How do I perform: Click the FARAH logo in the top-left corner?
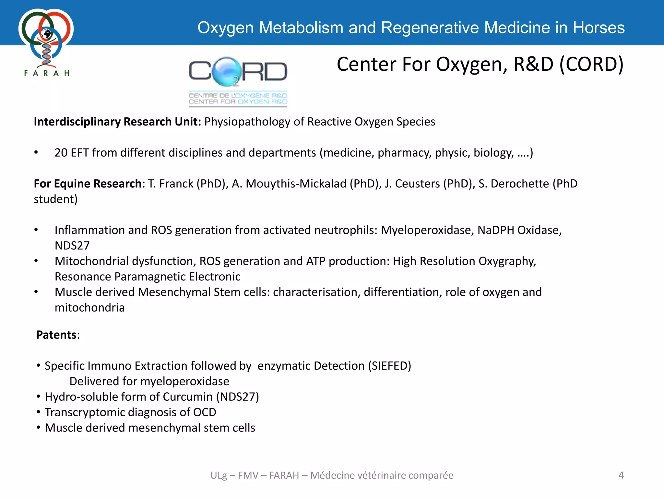point(46,42)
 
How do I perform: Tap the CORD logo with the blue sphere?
point(238,81)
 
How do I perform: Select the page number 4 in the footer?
point(621,475)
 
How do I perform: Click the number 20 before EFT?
point(61,153)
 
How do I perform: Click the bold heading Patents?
point(56,335)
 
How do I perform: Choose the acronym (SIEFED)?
point(389,366)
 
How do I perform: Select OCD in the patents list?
point(205,412)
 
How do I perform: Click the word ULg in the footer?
point(219,475)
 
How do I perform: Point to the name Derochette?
point(520,184)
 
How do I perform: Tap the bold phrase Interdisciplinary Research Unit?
point(117,122)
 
